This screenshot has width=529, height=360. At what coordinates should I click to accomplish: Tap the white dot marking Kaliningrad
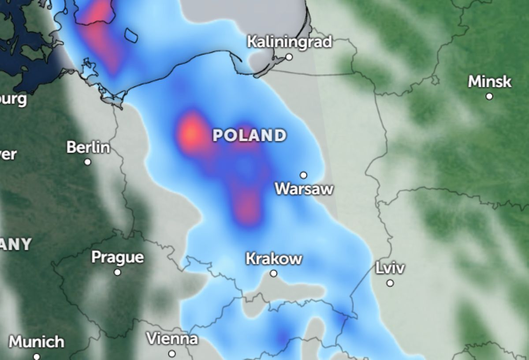click(x=289, y=57)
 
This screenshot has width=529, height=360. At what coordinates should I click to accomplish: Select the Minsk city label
click(x=490, y=82)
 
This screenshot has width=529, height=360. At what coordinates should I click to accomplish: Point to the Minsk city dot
click(x=489, y=96)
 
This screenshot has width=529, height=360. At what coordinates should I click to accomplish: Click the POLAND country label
click(x=250, y=135)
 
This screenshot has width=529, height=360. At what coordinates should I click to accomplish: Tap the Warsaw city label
click(x=304, y=189)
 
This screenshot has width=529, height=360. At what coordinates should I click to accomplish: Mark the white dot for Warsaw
click(x=303, y=175)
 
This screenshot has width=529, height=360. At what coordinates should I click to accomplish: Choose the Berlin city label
click(x=88, y=147)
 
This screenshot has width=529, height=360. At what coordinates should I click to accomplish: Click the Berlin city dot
click(x=88, y=162)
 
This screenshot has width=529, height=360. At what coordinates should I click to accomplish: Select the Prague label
click(x=118, y=257)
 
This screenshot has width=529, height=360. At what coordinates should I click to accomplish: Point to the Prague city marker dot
click(x=117, y=272)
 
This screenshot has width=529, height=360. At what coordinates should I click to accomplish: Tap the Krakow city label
click(x=274, y=259)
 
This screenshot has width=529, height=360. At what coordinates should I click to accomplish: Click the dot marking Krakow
click(x=274, y=274)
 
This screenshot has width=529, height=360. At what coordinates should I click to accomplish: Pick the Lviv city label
click(x=390, y=268)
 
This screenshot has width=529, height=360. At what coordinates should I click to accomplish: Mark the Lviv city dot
click(x=390, y=283)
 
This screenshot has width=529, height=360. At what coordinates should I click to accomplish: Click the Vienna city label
click(x=172, y=339)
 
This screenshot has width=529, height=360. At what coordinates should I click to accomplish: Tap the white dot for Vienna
click(x=172, y=354)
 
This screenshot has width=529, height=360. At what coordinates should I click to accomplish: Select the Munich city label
click(x=37, y=342)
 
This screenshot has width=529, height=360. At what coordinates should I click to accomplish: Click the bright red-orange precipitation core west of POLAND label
click(x=191, y=132)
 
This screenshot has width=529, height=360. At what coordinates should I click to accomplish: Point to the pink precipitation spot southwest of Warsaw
click(x=247, y=205)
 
